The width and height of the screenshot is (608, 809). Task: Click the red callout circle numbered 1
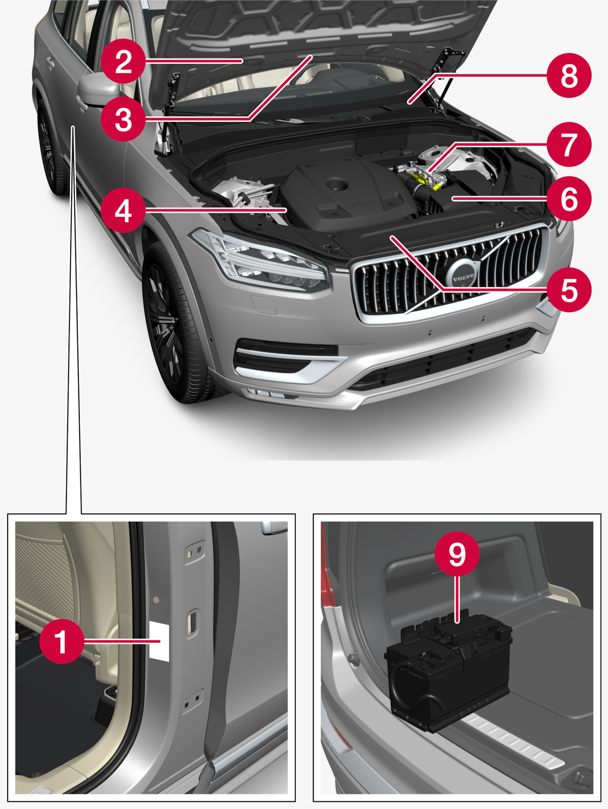61,642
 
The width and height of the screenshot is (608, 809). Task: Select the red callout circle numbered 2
123,61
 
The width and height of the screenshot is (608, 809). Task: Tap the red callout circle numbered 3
123,119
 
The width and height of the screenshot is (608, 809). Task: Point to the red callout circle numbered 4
123,210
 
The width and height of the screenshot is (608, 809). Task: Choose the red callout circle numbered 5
569,290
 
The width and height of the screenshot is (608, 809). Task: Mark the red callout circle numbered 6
569,199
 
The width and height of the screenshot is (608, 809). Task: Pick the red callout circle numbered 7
569,144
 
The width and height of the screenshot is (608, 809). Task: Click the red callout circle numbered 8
569,76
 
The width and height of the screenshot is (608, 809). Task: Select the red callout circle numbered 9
457,554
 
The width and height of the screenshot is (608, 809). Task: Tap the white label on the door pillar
159,641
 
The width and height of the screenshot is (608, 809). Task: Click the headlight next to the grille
263,263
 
